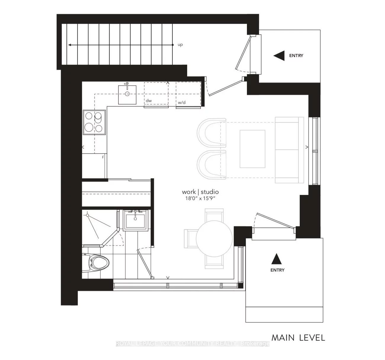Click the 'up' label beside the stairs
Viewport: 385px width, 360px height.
180,45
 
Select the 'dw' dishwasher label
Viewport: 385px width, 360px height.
149,101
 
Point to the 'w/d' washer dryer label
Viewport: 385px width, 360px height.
182,103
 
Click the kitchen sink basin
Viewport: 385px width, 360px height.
127,94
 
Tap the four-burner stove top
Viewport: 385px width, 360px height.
94,122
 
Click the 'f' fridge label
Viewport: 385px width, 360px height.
103,157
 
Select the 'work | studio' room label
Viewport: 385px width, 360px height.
200,192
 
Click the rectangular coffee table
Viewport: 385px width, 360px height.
252,148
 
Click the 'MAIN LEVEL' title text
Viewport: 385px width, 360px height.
298,338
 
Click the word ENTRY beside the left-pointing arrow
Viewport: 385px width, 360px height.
296,56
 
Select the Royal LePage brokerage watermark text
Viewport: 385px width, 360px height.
192,343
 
